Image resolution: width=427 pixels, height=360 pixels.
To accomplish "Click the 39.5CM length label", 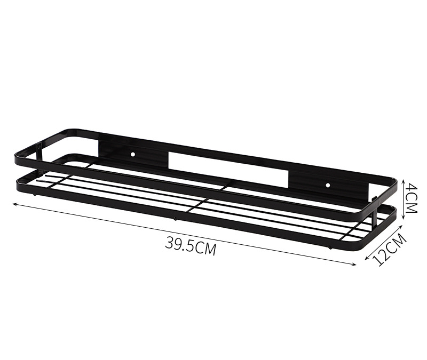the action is [191, 245].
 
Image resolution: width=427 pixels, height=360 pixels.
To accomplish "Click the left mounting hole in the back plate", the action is [132, 154].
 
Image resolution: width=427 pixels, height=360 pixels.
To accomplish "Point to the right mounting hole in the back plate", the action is [328, 185].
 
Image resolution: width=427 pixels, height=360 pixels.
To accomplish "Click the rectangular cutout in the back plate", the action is [228, 170].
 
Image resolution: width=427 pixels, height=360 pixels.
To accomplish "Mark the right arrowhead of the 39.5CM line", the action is [354, 263].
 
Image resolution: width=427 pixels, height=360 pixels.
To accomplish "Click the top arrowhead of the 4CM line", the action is [404, 181].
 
